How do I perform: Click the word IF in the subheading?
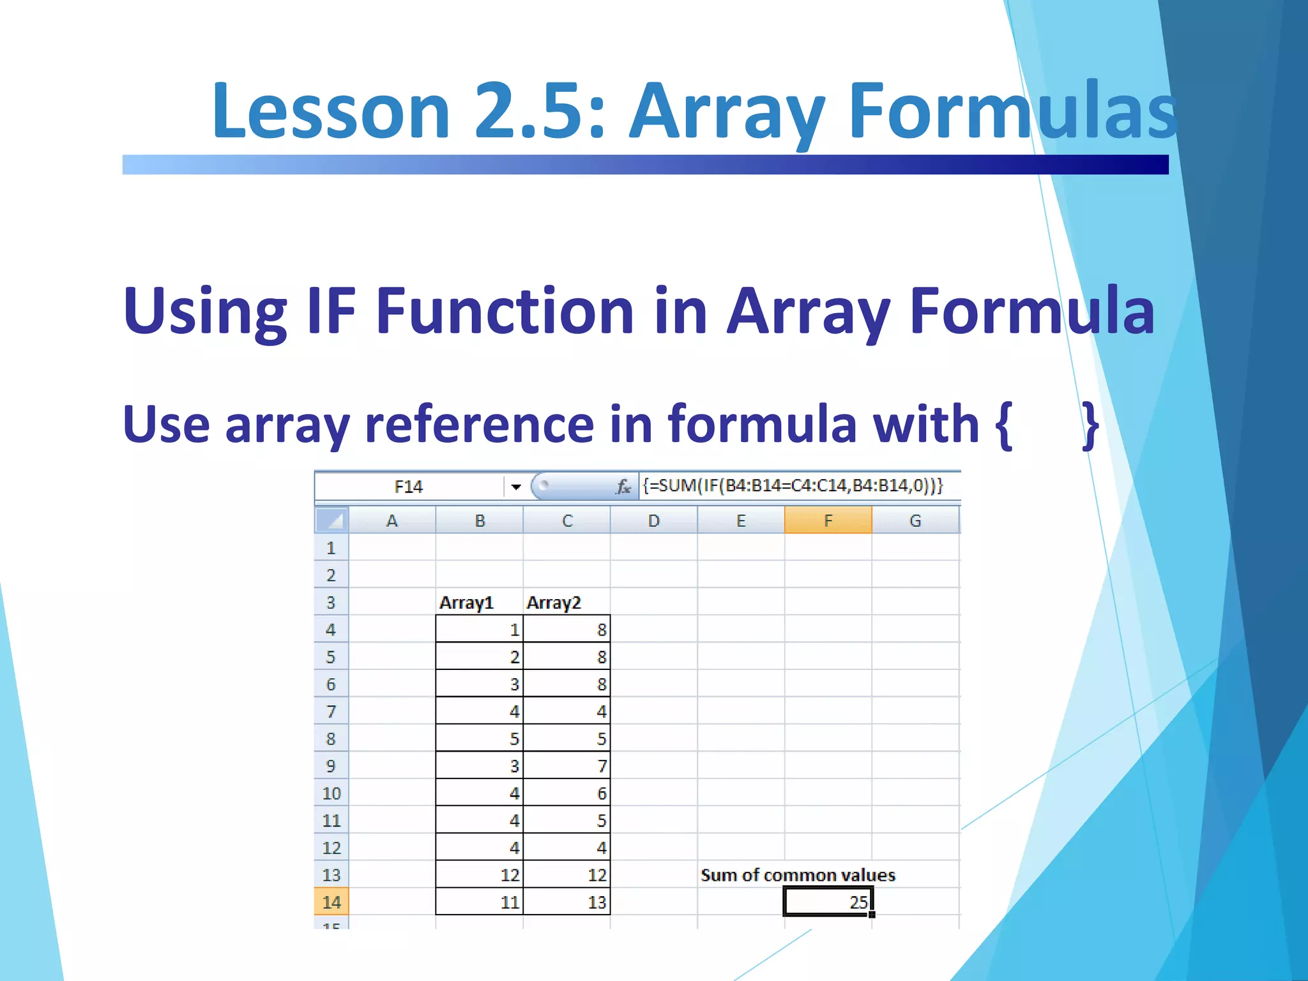pyautogui.click(x=330, y=311)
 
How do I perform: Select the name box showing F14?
pyautogui.click(x=409, y=487)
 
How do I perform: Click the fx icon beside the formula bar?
pyautogui.click(x=623, y=487)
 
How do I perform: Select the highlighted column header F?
pyautogui.click(x=828, y=521)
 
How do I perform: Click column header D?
pyautogui.click(x=653, y=521)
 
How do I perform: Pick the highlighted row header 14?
pyautogui.click(x=331, y=902)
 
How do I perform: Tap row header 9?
pyautogui.click(x=331, y=766)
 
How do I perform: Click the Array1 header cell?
pyautogui.click(x=467, y=602)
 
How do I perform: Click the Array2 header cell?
pyautogui.click(x=554, y=602)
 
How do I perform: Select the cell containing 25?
pyautogui.click(x=828, y=902)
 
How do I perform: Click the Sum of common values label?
pyautogui.click(x=798, y=875)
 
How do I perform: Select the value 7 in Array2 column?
pyautogui.click(x=601, y=766)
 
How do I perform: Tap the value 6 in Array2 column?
pyautogui.click(x=601, y=793)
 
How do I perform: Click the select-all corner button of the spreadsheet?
pyautogui.click(x=331, y=521)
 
